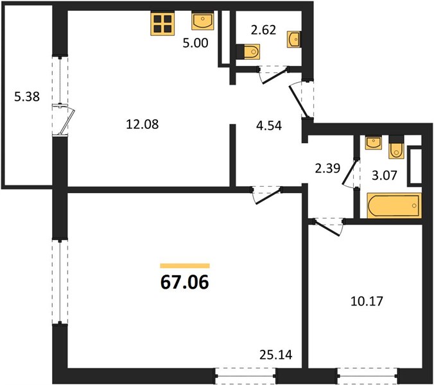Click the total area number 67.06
tap(185, 283)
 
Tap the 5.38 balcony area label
tap(27, 97)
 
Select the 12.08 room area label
tap(143, 124)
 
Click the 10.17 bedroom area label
tap(367, 301)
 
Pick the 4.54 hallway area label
tap(269, 125)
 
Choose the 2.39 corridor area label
tap(327, 168)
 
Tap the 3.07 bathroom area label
tap(385, 175)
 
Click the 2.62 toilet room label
tap(263, 30)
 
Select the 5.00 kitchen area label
tap(195, 43)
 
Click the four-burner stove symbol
tap(162, 24)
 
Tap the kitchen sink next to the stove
tap(203, 21)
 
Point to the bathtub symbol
tap(394, 205)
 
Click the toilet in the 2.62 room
tap(248, 51)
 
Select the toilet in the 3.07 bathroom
tap(396, 147)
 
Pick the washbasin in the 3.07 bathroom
tap(374, 142)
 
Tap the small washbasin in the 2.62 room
tap(294, 40)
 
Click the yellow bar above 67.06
tap(185, 266)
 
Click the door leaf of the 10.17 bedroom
tap(327, 228)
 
